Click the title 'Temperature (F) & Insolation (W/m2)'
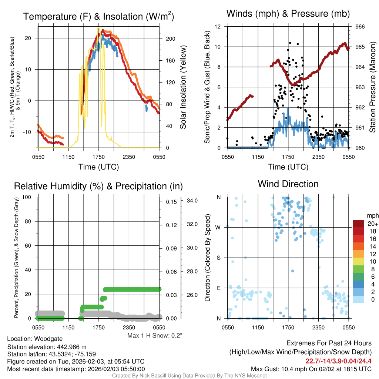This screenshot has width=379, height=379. click(98, 17)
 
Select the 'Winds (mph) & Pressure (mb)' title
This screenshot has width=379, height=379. click(288, 14)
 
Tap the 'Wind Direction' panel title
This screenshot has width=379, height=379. click(288, 184)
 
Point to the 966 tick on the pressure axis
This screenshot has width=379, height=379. click(360, 27)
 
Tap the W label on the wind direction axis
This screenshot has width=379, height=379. click(219, 227)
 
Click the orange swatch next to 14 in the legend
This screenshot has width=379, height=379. click(358, 246)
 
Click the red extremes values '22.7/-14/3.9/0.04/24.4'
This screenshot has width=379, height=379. click(338, 361)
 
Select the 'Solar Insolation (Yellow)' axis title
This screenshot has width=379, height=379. click(183, 87)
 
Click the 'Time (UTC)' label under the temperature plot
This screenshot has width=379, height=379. click(98, 167)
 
